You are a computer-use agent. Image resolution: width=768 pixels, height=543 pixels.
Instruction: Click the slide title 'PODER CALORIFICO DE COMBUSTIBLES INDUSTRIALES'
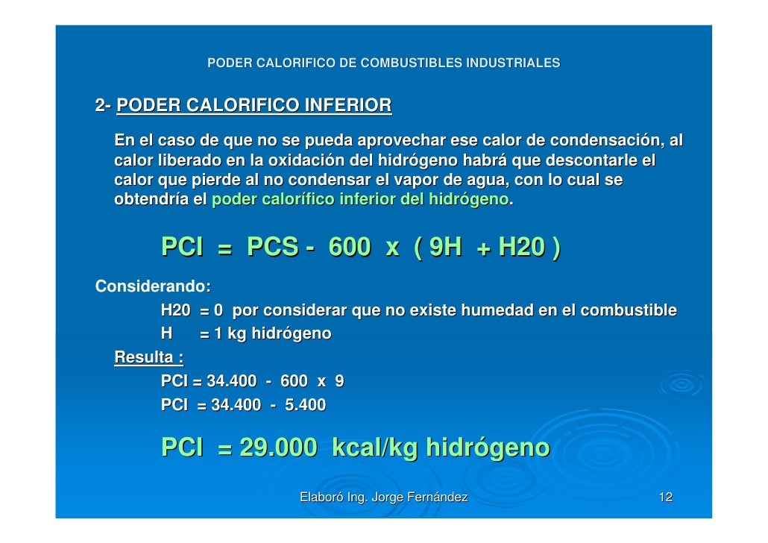(383, 63)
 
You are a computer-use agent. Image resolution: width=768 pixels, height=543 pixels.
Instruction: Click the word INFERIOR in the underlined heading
(348, 106)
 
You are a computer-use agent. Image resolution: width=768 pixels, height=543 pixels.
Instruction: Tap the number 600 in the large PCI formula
(349, 247)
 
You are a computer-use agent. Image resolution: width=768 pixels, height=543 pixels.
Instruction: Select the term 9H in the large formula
(442, 247)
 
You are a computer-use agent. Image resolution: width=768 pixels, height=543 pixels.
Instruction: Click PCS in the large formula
(272, 247)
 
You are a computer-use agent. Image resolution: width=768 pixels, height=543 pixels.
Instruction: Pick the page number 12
(666, 498)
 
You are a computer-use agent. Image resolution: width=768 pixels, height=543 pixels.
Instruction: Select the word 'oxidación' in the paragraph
(321, 161)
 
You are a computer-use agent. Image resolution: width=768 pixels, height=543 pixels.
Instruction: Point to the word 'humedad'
(492, 310)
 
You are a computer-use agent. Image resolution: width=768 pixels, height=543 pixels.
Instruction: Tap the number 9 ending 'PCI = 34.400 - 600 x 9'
(339, 381)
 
